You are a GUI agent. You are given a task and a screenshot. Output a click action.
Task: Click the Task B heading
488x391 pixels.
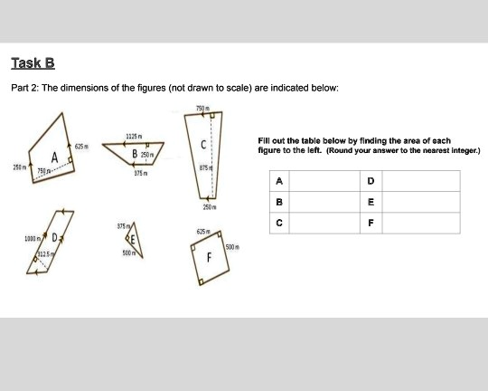pyautogui.click(x=33, y=63)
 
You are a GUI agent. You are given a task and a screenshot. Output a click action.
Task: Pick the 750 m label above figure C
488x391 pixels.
pyautogui.click(x=202, y=110)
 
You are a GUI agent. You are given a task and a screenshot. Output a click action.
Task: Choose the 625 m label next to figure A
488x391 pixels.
pyautogui.click(x=80, y=146)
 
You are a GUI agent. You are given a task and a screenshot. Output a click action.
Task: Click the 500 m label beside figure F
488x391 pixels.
pyautogui.click(x=231, y=245)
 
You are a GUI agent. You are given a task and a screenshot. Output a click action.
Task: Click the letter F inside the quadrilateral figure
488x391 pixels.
pyautogui.click(x=210, y=259)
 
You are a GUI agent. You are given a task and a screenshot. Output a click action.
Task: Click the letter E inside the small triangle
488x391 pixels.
pyautogui.click(x=130, y=240)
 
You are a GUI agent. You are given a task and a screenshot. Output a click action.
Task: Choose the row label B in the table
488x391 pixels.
pyautogui.click(x=278, y=202)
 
